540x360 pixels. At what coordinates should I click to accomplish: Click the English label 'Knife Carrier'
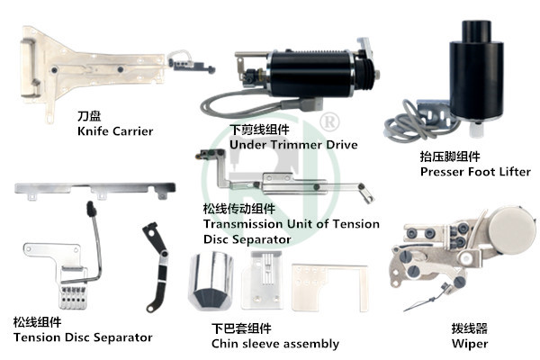pos(115,130)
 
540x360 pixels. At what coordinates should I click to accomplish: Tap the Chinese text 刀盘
pos(89,116)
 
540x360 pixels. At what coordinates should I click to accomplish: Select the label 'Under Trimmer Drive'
pos(293,144)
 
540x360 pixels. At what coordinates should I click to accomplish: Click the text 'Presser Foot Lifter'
pos(475,171)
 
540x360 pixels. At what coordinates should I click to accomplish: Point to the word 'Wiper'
pos(470,344)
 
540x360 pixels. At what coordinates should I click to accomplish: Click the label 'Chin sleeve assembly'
pos(275,344)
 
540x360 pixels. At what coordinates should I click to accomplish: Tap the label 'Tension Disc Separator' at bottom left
pos(83,337)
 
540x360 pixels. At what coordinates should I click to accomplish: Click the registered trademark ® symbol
pos(329,121)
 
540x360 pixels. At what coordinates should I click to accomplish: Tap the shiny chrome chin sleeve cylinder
pos(211,281)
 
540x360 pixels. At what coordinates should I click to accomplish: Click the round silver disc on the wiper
pos(512,228)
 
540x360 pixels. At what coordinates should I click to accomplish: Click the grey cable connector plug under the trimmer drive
pos(308,104)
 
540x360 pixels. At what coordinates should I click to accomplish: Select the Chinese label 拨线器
pos(470,328)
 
